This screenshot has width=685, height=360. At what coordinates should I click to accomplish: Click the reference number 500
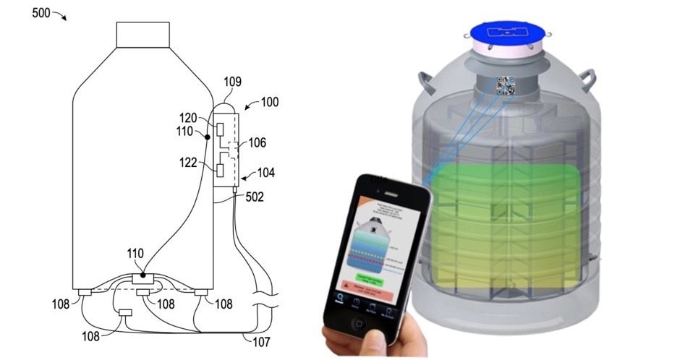[42, 12]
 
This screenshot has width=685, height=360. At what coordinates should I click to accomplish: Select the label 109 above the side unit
[233, 82]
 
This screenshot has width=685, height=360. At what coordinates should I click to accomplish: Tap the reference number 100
[269, 103]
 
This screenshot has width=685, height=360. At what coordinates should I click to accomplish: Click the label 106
[257, 143]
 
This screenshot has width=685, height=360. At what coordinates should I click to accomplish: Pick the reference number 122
[189, 163]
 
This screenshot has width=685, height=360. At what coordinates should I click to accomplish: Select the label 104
[265, 173]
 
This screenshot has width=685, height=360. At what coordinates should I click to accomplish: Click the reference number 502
[253, 196]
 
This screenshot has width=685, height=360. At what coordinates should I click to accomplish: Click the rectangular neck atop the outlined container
[143, 35]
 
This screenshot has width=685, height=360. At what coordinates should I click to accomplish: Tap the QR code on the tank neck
[506, 86]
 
